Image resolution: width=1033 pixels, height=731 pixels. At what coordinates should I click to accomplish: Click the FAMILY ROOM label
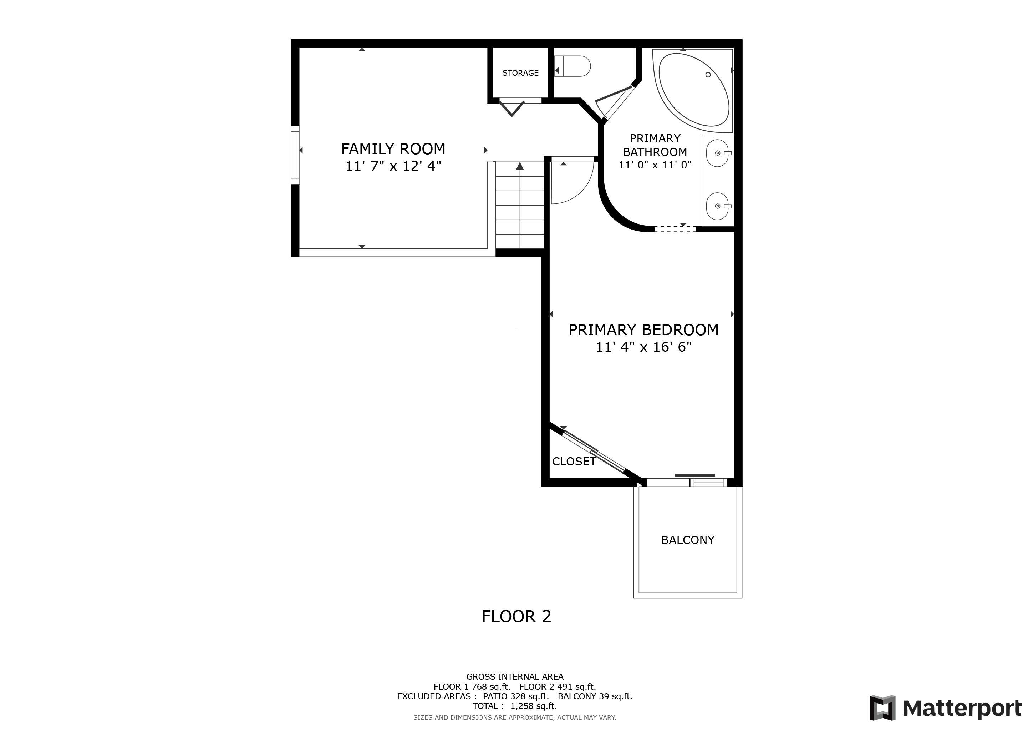(393, 148)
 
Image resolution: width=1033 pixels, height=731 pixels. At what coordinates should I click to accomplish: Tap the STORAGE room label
(520, 73)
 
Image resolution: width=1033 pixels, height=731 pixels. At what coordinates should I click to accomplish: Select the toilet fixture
(572, 66)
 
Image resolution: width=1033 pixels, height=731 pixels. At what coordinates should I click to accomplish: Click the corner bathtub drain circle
(708, 75)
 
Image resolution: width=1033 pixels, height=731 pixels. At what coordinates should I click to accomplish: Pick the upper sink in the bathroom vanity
(718, 153)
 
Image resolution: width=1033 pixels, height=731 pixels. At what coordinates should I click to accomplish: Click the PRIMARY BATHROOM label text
(655, 145)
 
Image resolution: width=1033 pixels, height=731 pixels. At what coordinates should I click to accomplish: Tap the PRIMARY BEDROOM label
(643, 330)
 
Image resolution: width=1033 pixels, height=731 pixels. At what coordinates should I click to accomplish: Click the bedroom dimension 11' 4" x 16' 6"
(643, 347)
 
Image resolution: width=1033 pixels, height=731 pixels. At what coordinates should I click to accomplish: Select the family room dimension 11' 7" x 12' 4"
(393, 166)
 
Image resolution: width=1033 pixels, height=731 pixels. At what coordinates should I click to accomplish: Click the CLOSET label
(574, 462)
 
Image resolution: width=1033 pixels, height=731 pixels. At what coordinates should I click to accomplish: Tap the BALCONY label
(687, 540)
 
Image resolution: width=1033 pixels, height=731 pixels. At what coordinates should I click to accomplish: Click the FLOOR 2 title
(516, 616)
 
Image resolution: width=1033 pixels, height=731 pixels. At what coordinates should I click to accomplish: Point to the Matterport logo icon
(883, 708)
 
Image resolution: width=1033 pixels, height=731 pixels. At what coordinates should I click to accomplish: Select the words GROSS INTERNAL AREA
(515, 676)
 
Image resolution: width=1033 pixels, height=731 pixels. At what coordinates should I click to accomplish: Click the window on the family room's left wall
(295, 155)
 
